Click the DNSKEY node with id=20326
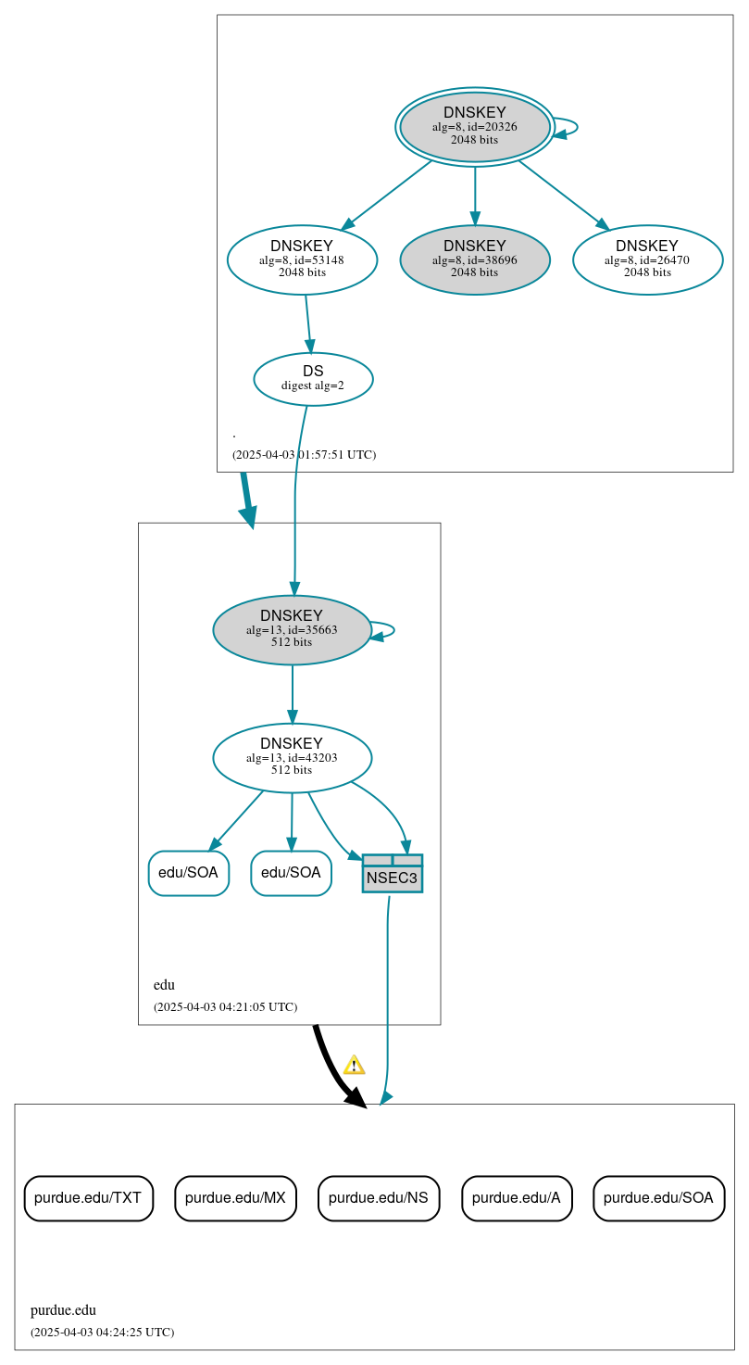tap(475, 127)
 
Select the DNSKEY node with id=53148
tap(302, 259)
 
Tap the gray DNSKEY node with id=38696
tap(475, 259)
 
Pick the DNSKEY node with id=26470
tap(647, 259)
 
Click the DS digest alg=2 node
tap(313, 378)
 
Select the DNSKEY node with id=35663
tap(292, 629)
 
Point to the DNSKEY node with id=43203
tap(292, 757)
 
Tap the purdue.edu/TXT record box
tap(88, 1197)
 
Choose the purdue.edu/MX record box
tap(235, 1197)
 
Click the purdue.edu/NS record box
tap(378, 1197)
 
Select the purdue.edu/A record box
tap(517, 1197)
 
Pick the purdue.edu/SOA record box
tap(658, 1197)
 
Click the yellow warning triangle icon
tap(354, 1065)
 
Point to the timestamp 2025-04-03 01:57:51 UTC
tap(304, 455)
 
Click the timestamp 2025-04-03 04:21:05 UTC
tap(225, 1006)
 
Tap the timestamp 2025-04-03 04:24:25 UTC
tap(102, 1332)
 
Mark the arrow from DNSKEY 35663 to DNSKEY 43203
tap(293, 693)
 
